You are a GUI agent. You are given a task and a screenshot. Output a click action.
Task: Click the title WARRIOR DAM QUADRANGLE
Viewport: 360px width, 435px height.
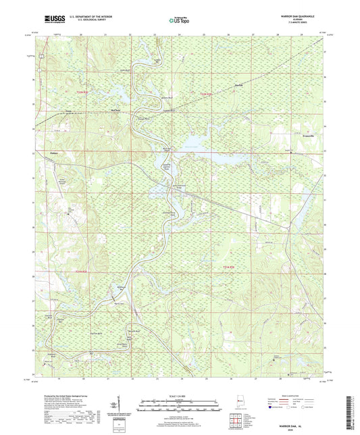[x=300, y=16]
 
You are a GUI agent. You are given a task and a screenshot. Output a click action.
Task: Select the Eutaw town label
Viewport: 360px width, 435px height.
[x=52, y=153]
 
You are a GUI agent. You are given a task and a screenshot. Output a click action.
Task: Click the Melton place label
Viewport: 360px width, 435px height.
[x=114, y=107]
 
